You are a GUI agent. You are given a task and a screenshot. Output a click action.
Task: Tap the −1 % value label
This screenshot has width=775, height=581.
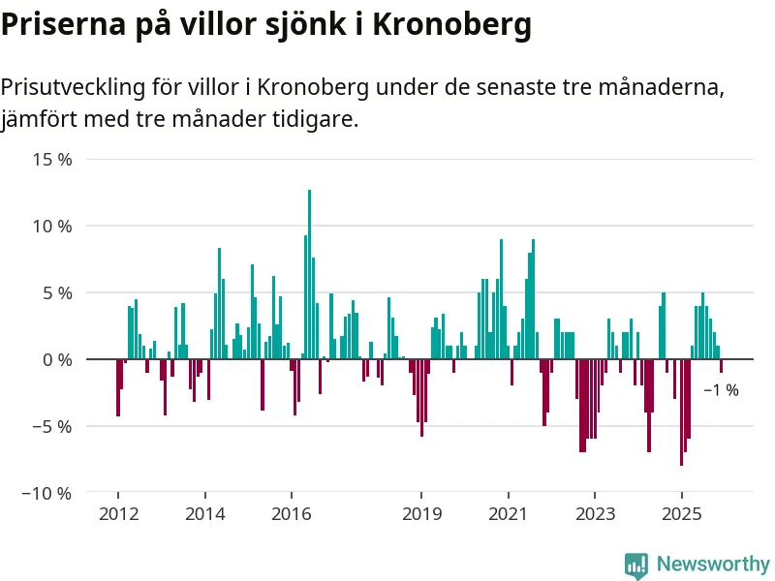[x=721, y=390]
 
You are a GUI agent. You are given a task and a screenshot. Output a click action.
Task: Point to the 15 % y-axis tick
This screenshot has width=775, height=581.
[x=52, y=160]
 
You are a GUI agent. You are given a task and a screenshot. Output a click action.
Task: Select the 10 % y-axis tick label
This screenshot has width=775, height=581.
[x=52, y=227]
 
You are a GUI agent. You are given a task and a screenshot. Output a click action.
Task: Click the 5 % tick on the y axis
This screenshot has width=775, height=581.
[x=56, y=293]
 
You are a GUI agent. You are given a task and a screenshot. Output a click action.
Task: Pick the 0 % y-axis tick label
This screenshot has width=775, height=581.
[x=56, y=360]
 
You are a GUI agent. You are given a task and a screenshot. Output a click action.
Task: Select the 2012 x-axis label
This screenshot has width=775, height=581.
[x=118, y=513]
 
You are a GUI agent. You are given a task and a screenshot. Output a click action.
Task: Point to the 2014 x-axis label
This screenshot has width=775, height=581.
[x=205, y=513]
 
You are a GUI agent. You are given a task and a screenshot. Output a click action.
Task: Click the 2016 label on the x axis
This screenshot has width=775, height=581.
[x=292, y=513]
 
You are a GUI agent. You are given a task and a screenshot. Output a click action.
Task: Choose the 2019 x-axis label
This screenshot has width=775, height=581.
[x=421, y=513]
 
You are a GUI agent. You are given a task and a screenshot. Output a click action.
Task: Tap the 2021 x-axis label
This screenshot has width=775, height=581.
[x=509, y=513]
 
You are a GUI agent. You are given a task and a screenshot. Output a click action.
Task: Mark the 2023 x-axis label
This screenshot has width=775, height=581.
[x=595, y=513]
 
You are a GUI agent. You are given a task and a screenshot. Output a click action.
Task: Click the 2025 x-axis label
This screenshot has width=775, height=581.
[x=681, y=513]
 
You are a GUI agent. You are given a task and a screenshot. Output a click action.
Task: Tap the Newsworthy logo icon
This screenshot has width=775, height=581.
[x=636, y=565]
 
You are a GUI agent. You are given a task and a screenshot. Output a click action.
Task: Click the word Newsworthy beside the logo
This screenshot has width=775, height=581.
[x=713, y=565]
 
